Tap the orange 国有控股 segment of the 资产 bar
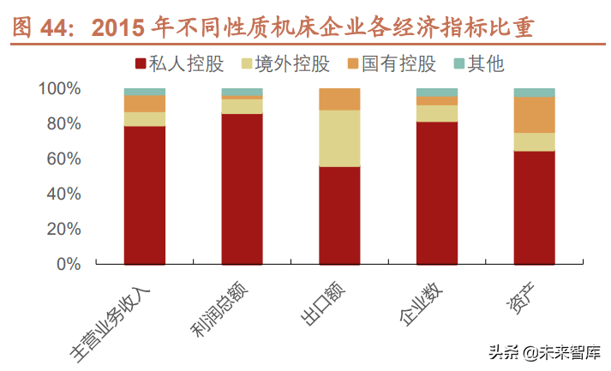(x=534, y=115)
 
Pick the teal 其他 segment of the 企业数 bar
(x=436, y=93)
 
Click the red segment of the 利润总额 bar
(x=242, y=188)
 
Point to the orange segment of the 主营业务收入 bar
(x=144, y=104)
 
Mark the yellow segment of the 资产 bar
(x=534, y=141)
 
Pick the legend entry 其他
(x=479, y=63)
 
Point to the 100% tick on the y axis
(x=59, y=88)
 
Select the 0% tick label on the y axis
(x=68, y=264)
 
